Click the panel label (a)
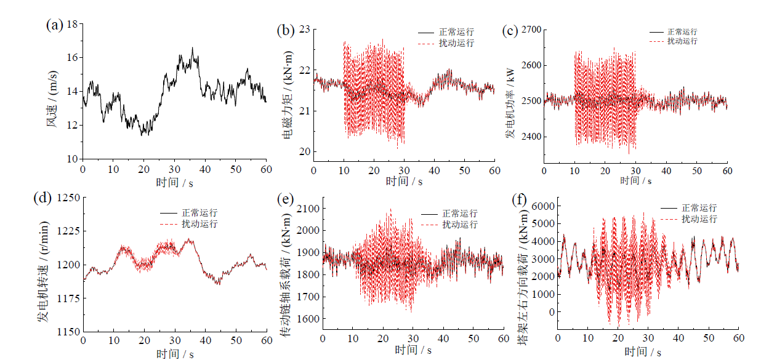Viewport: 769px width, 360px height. coord(55,25)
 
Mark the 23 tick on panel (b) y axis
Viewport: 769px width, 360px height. coord(304,29)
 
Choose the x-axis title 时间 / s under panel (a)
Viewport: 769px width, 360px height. coord(174,182)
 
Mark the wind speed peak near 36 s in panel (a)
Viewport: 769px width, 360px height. coord(192,48)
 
